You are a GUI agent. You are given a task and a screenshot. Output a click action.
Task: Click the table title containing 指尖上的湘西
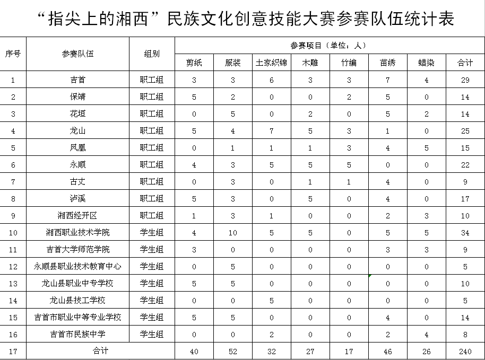click(x=247, y=19)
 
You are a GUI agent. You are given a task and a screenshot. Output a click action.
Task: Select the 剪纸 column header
click(x=194, y=63)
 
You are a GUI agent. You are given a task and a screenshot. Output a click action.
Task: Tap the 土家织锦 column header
click(x=271, y=63)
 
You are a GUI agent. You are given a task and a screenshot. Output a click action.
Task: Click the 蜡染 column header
click(x=426, y=63)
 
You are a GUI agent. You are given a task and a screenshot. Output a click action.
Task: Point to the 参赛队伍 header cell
click(x=77, y=54)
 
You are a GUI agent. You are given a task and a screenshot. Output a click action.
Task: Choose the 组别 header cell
click(x=152, y=54)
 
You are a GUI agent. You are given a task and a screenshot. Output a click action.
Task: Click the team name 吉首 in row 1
click(x=77, y=80)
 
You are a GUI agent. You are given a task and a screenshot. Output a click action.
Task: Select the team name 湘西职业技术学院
click(x=77, y=232)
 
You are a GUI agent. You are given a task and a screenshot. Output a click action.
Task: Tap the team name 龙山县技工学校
click(x=77, y=300)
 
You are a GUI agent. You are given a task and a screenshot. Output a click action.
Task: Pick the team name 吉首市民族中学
click(x=77, y=334)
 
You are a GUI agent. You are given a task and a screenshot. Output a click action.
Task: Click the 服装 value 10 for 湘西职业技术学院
click(x=232, y=232)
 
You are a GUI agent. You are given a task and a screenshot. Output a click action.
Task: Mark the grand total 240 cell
click(x=465, y=351)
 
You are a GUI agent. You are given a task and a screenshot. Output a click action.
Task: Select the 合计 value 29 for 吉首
click(x=465, y=80)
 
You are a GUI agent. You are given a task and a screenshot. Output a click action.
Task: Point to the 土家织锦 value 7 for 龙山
click(x=271, y=131)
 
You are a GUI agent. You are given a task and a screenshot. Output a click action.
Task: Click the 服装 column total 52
click(x=232, y=351)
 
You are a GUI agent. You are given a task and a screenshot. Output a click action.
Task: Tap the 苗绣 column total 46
click(x=387, y=351)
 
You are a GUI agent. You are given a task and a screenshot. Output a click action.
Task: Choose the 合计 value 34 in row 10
click(x=465, y=232)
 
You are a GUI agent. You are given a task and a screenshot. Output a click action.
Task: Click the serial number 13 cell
click(x=13, y=283)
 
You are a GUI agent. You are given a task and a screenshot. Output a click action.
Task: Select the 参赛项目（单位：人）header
click(x=329, y=45)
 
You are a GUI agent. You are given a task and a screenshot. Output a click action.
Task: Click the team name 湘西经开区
click(x=77, y=215)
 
